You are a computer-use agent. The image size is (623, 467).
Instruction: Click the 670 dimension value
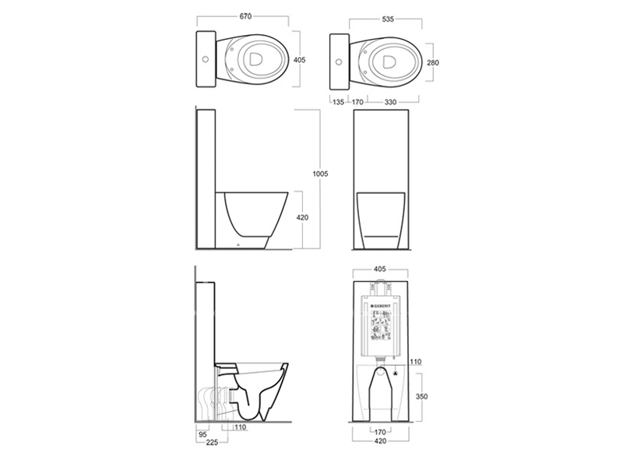tap(246, 16)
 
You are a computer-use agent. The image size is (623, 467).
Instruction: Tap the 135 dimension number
tap(337, 100)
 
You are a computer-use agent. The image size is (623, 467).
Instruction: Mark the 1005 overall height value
tap(320, 174)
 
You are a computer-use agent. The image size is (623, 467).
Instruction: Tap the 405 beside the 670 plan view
tap(300, 59)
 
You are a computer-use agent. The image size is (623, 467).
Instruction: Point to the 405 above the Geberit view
tap(381, 270)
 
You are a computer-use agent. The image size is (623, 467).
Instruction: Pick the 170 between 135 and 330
tap(357, 100)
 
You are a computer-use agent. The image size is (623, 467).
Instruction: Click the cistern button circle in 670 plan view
tap(206, 58)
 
